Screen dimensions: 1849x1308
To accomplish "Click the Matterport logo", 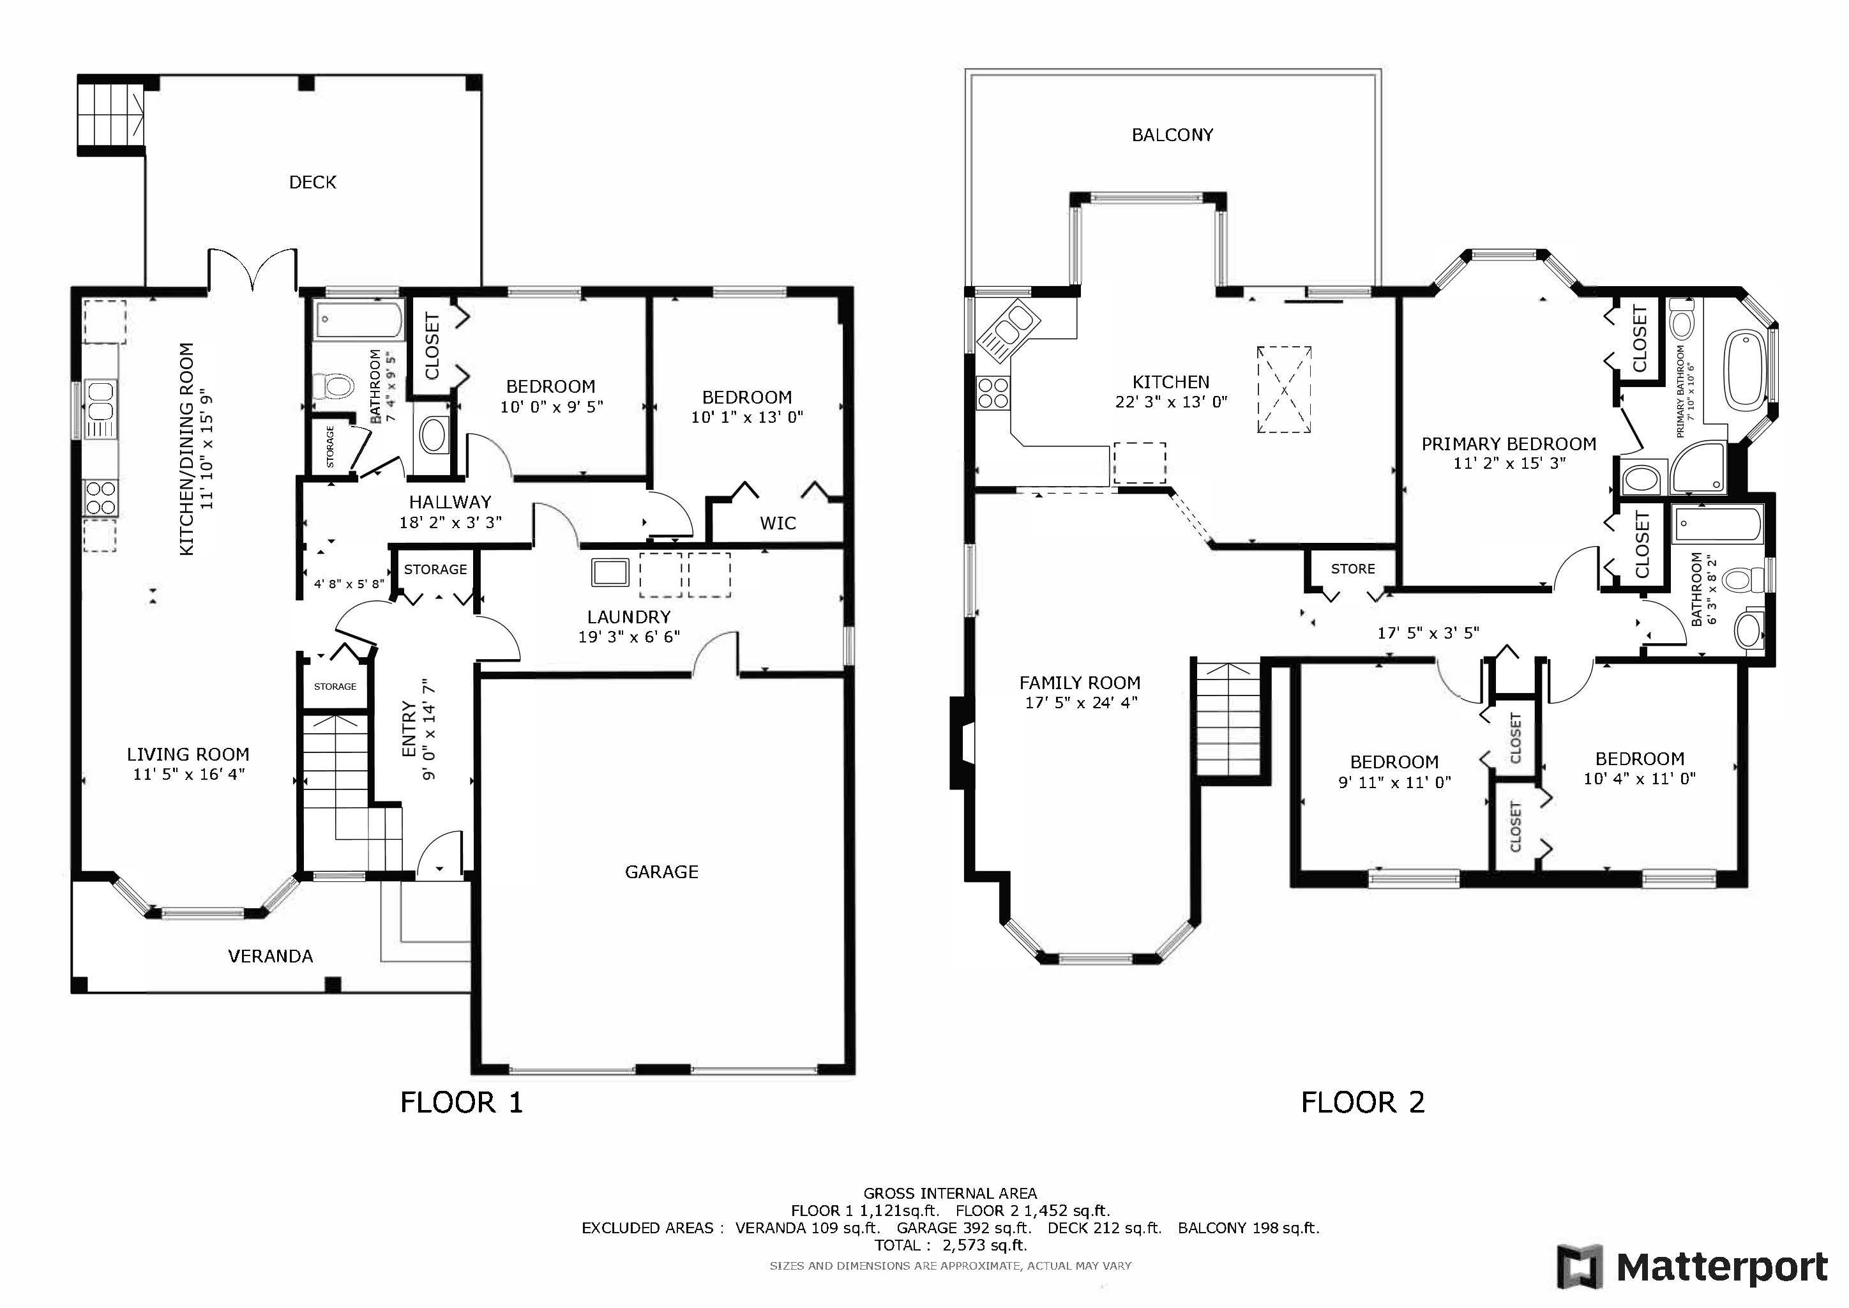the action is [x=1692, y=1267].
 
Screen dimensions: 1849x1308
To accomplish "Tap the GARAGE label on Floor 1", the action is [x=661, y=871].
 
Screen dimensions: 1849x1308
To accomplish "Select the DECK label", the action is [x=312, y=182].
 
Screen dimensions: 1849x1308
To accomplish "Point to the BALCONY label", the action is [x=1172, y=135].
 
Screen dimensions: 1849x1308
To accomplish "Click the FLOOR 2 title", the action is [x=1362, y=1102].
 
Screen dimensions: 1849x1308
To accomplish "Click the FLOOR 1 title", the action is [x=462, y=1102].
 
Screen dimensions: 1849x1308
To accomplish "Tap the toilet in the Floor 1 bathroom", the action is [x=333, y=386].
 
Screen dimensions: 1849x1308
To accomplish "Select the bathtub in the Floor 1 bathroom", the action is [x=358, y=321].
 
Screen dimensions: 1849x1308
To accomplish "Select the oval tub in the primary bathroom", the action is [x=1744, y=370].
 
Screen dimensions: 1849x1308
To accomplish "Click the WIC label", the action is [x=777, y=522].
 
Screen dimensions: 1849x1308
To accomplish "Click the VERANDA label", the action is [x=271, y=956].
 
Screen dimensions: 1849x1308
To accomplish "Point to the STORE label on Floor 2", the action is [x=1353, y=568].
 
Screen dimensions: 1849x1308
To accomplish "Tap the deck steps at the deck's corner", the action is [x=111, y=114].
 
